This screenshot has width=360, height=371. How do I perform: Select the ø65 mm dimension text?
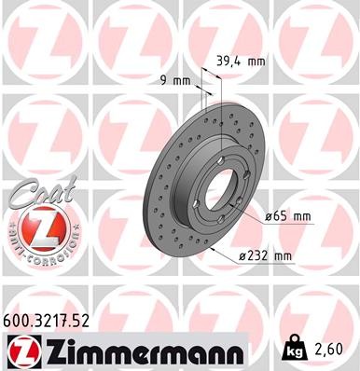pyautogui.click(x=286, y=216)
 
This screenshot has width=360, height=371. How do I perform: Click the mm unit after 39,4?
pyautogui.click(x=256, y=62)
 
